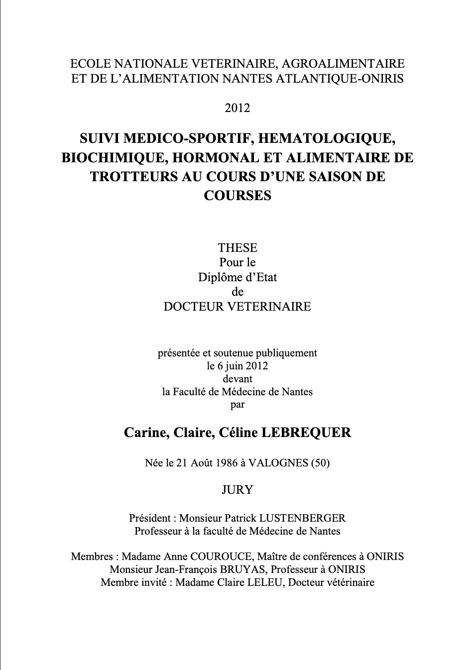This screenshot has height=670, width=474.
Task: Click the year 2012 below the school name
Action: coord(237,108)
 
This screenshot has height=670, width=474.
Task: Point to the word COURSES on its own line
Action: coord(237,195)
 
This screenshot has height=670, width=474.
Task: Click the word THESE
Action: coord(237,248)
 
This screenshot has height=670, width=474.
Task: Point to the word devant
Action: coord(237,379)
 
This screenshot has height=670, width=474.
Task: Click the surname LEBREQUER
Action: coord(306,433)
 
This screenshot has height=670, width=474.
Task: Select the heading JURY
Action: coord(237,490)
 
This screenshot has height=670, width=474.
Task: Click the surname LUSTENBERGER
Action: coord(302,518)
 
